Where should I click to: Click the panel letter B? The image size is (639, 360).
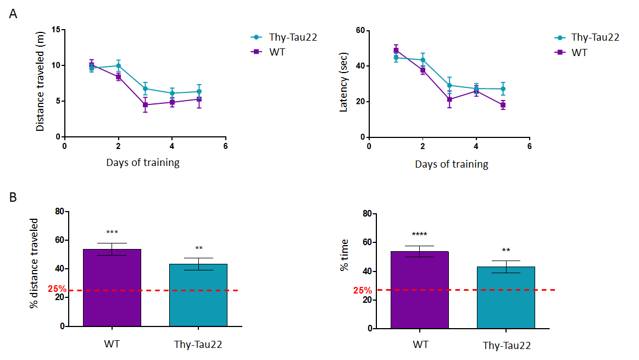[x=13, y=196]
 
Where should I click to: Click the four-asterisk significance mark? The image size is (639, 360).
[x=419, y=234]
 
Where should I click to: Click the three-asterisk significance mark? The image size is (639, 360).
[x=112, y=232]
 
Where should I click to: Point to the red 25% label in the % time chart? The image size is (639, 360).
[x=362, y=290]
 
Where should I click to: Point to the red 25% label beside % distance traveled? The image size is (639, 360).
[x=57, y=289]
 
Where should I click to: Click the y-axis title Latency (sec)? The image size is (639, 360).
[x=344, y=83]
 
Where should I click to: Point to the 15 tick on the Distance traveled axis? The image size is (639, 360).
[x=55, y=29]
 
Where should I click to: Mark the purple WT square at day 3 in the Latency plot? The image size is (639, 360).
[x=449, y=99]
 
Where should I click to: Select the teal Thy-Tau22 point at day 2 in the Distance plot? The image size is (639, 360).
[x=118, y=65]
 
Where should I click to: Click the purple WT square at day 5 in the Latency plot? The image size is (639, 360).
[x=503, y=105]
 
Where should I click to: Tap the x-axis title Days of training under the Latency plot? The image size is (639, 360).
[x=451, y=164]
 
